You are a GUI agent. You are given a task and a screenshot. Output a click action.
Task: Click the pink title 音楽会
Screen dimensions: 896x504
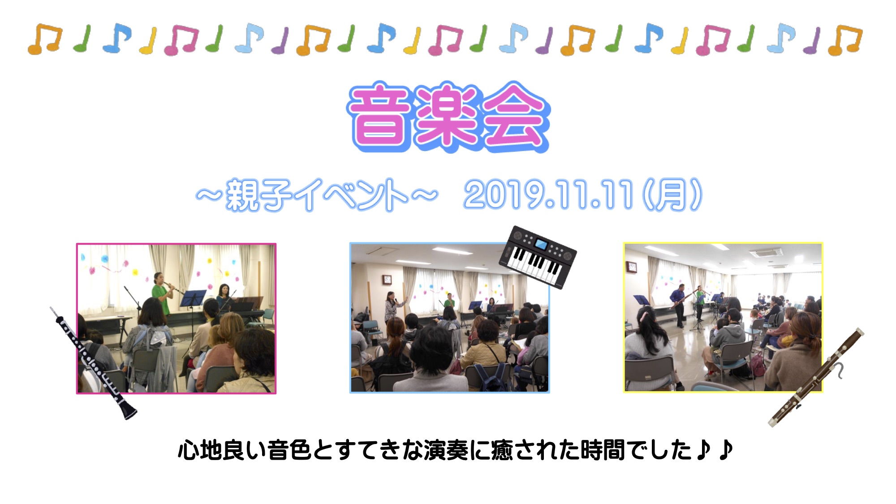pyautogui.click(x=448, y=116)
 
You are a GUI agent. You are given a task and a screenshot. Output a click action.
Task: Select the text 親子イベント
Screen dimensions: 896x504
pyautogui.click(x=317, y=195)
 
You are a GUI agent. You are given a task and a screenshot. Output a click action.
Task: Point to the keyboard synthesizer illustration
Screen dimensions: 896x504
pyautogui.click(x=538, y=257)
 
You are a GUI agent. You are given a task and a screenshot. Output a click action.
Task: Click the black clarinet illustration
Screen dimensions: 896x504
pyautogui.click(x=93, y=363)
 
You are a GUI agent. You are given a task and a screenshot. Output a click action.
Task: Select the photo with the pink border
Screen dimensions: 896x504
pyautogui.click(x=176, y=319)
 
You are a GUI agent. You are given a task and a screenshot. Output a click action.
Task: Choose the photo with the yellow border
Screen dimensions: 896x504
pyautogui.click(x=723, y=318)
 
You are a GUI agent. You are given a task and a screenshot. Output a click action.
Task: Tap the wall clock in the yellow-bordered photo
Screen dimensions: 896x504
pyautogui.click(x=632, y=267)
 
